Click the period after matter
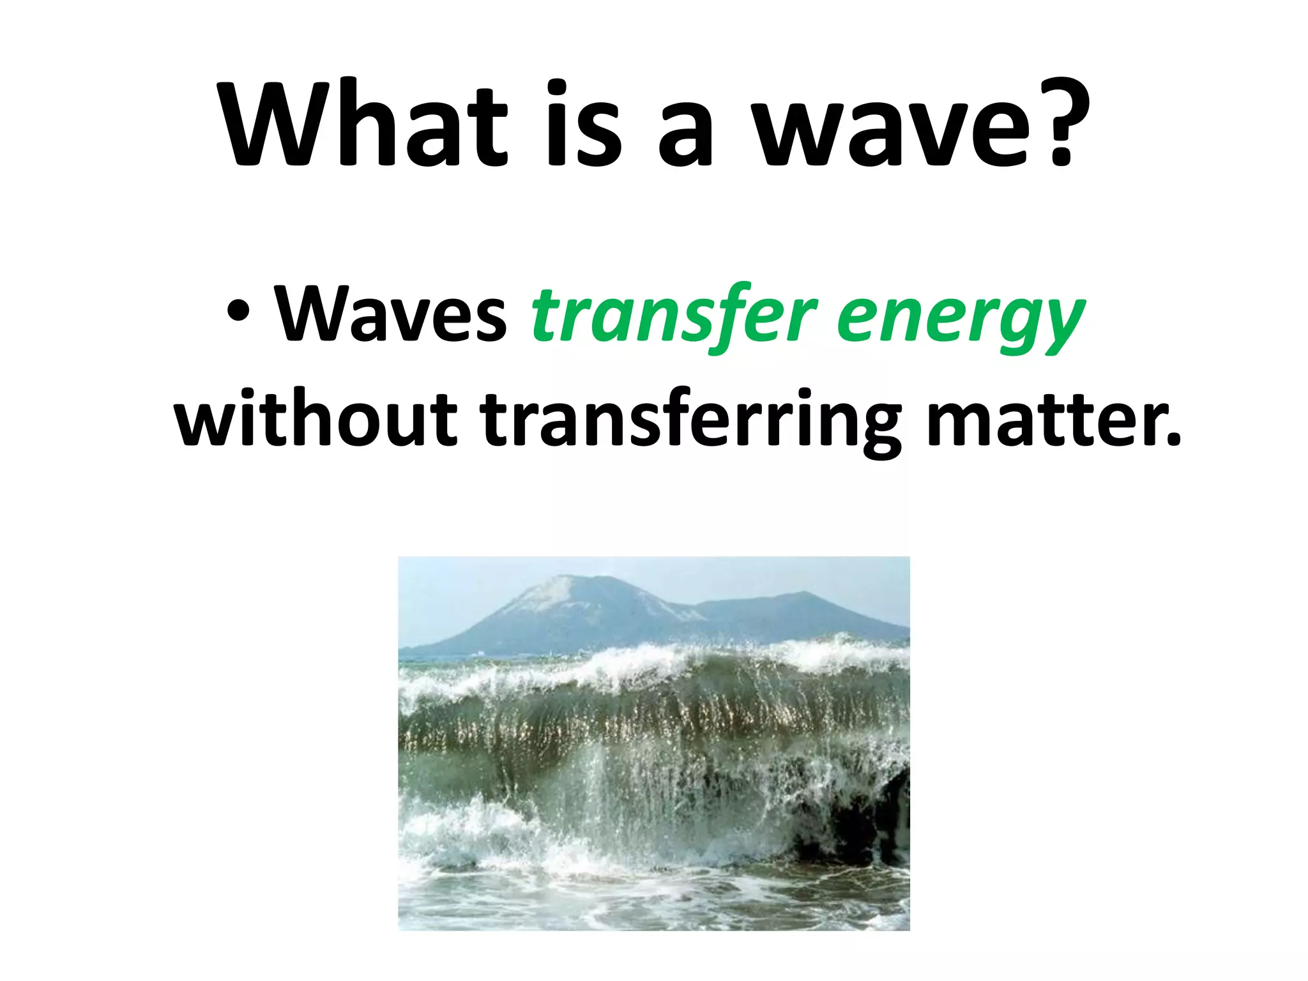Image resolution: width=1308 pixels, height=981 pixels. pyautogui.click(x=1171, y=441)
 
